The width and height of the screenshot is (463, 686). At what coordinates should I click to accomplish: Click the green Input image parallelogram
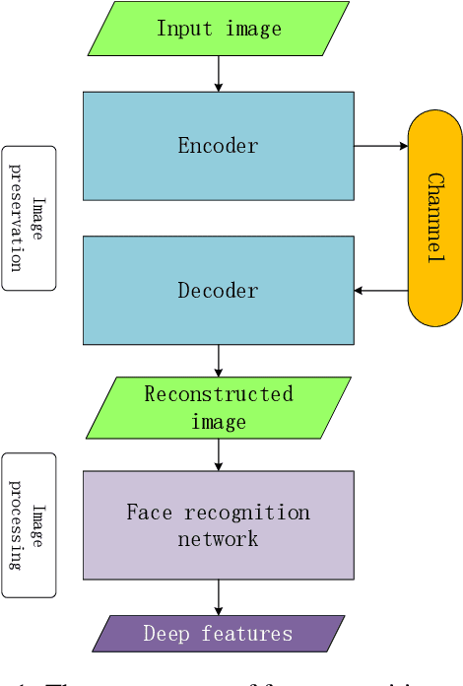pos(219,28)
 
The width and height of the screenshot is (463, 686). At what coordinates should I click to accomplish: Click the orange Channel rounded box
pos(434,218)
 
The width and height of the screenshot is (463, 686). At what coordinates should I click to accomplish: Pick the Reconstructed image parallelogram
pos(219,408)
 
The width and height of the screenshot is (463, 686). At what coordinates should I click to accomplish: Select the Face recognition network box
pos(218,524)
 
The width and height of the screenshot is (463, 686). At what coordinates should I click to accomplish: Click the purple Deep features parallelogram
pos(219,634)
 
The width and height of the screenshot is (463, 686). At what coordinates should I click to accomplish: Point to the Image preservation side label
pos(29,218)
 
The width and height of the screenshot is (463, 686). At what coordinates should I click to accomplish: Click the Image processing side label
pos(29,525)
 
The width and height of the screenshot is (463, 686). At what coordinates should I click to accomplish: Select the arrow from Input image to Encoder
pos(219,73)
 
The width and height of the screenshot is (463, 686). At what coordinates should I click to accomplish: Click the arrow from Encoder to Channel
pos(380,146)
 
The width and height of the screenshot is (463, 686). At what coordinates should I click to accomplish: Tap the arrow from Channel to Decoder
pos(380,291)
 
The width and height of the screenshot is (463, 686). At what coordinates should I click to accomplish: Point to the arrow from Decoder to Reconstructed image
pos(219,360)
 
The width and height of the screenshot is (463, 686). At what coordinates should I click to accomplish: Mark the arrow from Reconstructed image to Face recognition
pos(219,454)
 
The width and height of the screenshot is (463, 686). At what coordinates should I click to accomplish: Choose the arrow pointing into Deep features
pos(219,597)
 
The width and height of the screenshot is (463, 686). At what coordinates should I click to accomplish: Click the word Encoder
pos(218,146)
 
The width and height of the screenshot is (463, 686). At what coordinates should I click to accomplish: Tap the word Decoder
pos(218,291)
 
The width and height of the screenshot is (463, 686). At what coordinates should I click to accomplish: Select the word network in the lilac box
pos(218,539)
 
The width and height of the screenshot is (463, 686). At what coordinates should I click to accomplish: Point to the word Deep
pos(166,634)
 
